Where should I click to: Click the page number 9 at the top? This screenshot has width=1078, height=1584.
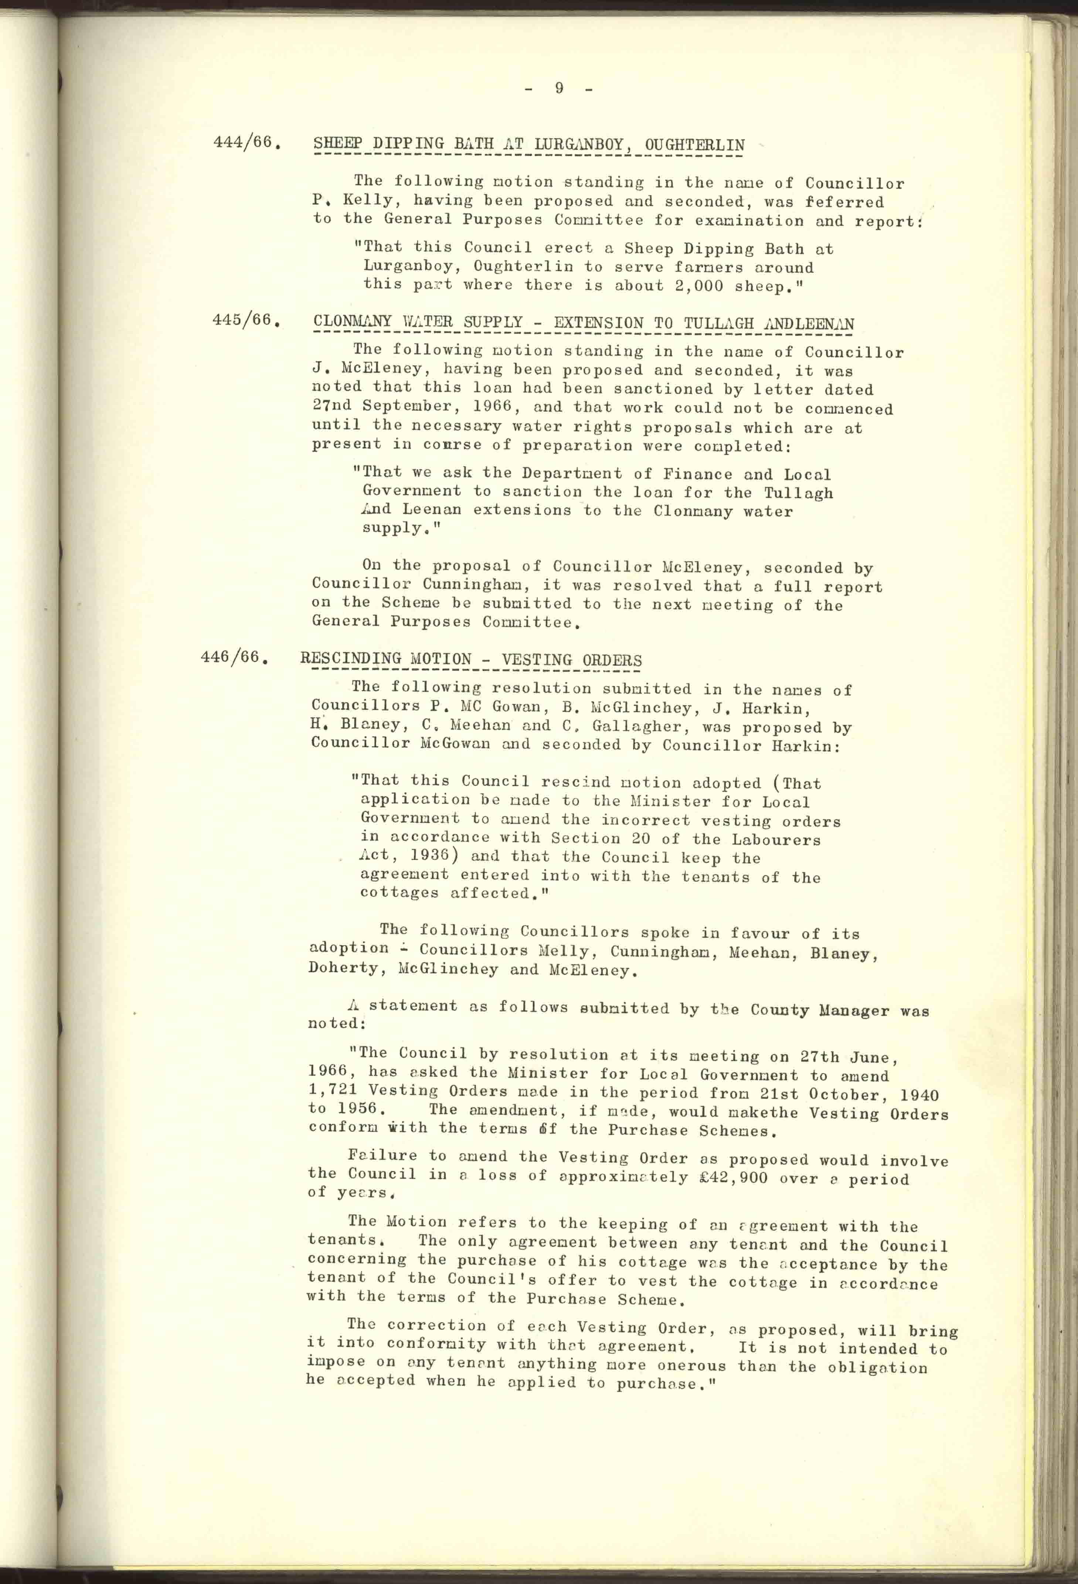[559, 88]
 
